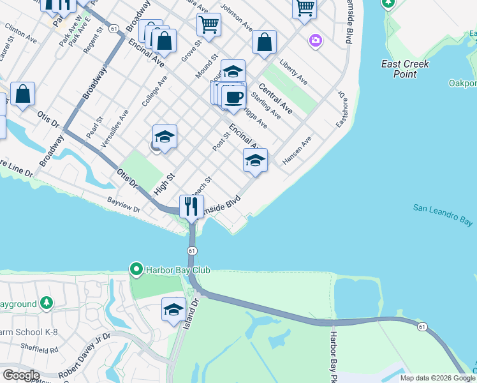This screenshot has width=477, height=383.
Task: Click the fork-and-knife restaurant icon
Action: click(x=191, y=206)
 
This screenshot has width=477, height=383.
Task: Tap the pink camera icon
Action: click(x=314, y=41)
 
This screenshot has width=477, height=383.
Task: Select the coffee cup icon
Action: click(x=234, y=97)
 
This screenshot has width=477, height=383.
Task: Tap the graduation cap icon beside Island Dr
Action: click(x=173, y=310)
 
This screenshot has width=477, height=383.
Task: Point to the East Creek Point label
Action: click(x=405, y=69)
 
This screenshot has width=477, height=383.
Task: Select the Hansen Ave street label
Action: click(x=297, y=150)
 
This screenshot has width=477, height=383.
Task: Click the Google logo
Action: click(x=21, y=375)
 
